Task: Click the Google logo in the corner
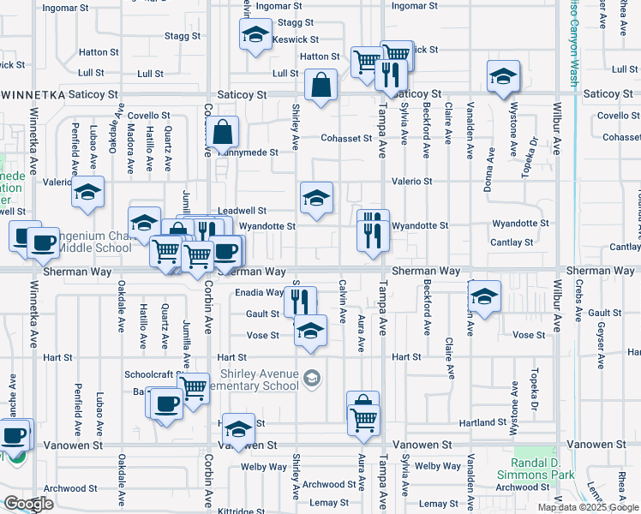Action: click(x=28, y=504)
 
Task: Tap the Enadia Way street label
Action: click(x=258, y=292)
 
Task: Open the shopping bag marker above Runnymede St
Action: click(x=222, y=133)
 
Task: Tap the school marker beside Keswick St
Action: click(x=254, y=35)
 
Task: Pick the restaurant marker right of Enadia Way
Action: click(x=300, y=301)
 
